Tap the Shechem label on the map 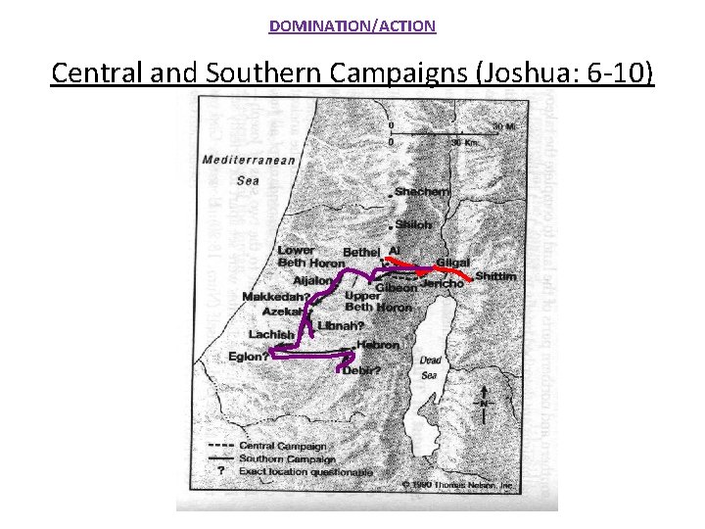click(423, 193)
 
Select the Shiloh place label click(413, 224)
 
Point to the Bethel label click(361, 253)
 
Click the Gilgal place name click(453, 264)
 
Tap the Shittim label click(495, 277)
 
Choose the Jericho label click(444, 283)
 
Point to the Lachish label click(271, 334)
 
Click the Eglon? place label click(249, 357)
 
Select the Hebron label click(378, 345)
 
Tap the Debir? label click(361, 369)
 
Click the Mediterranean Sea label click(249, 169)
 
